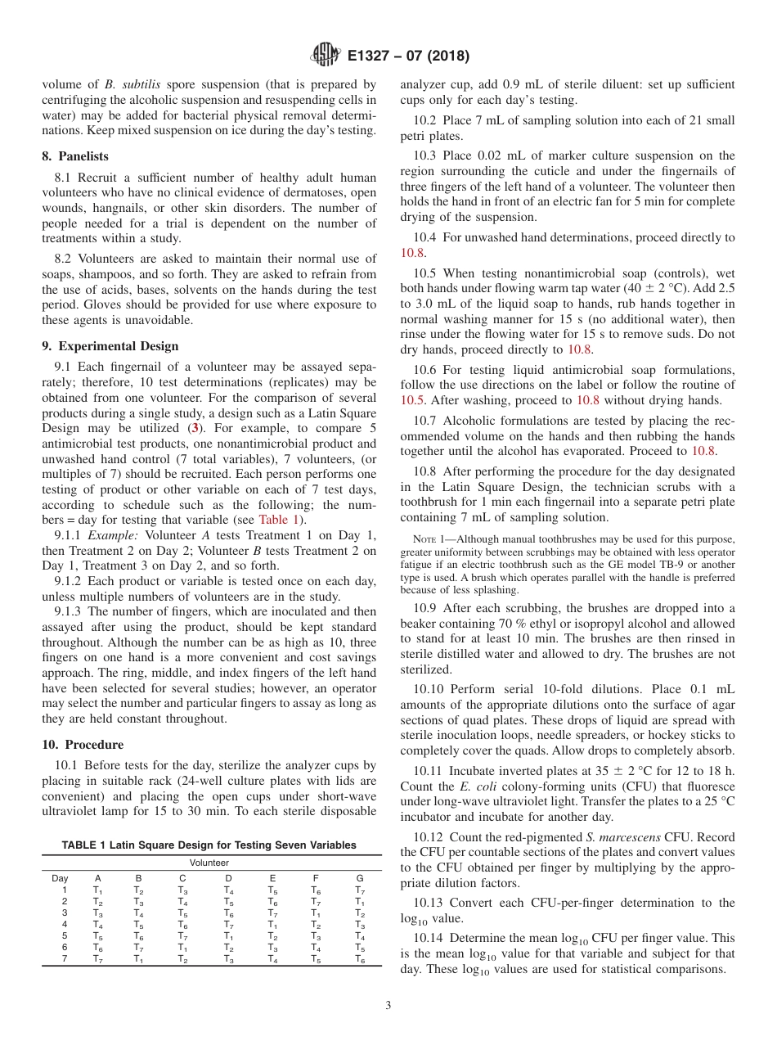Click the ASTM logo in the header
click(325, 56)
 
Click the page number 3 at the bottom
click(388, 1005)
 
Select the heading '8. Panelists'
click(75, 156)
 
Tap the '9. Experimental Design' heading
click(110, 345)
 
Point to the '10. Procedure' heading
click(83, 745)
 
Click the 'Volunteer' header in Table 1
click(209, 863)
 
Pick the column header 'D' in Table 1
click(228, 877)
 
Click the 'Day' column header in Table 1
click(60, 877)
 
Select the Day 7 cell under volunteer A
click(97, 959)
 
